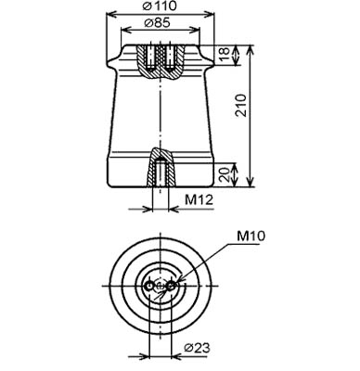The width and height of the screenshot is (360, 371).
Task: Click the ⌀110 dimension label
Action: coord(160,6)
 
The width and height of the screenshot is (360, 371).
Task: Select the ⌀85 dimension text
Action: coord(158,22)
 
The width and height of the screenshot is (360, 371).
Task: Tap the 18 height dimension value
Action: coord(225,55)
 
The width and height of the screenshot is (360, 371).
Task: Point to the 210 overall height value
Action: coord(241,106)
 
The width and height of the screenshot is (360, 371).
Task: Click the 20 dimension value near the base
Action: coord(225,175)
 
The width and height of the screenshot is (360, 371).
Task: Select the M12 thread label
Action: coord(199,200)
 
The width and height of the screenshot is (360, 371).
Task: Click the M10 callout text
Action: coord(251,237)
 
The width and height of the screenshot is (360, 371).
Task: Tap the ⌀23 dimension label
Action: coord(197,348)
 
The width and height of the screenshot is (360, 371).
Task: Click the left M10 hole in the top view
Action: coord(149,287)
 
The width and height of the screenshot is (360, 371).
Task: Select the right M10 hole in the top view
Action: coord(171,287)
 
